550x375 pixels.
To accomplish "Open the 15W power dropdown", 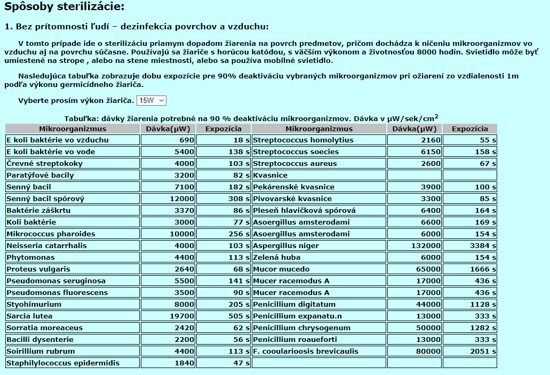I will coord(152,100).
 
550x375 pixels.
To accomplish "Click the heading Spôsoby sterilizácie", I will coord(64,7).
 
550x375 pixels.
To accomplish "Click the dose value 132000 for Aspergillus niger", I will coord(415,246).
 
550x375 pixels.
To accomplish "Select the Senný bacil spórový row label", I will coord(73,199).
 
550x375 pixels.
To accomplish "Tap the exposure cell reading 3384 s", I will coord(469,246).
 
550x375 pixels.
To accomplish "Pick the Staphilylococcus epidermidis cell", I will coord(73,363).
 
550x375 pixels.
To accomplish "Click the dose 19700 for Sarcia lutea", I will coord(168,316).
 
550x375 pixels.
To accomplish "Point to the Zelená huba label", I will coord(319,258).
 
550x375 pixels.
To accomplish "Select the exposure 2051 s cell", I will coord(469,352).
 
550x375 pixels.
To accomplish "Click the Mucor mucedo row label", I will coord(319,269).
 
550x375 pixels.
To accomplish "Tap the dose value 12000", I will coord(168,199).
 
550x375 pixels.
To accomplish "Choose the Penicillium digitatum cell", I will coord(319,305).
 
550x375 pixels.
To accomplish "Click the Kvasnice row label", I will coord(319,175).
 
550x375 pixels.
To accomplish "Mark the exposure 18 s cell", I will coord(223,140).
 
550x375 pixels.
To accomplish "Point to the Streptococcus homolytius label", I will coord(319,140).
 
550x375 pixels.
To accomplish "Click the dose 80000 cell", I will coord(415,352).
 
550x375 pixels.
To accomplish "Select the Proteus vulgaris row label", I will coord(73,269).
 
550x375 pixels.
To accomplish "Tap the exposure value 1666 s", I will coord(469,269).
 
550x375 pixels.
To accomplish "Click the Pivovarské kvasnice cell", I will coord(319,199).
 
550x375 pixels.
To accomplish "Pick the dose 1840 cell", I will coord(168,363).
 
